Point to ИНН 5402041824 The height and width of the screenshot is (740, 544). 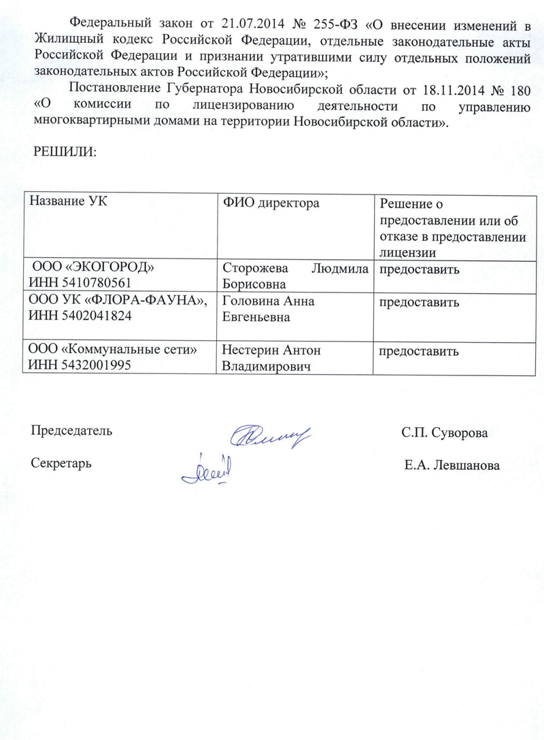(80, 316)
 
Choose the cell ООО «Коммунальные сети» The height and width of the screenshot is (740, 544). (112, 350)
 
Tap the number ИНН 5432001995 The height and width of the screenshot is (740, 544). (80, 365)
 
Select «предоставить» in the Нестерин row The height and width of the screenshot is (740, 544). (418, 352)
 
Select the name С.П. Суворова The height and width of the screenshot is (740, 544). (444, 433)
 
